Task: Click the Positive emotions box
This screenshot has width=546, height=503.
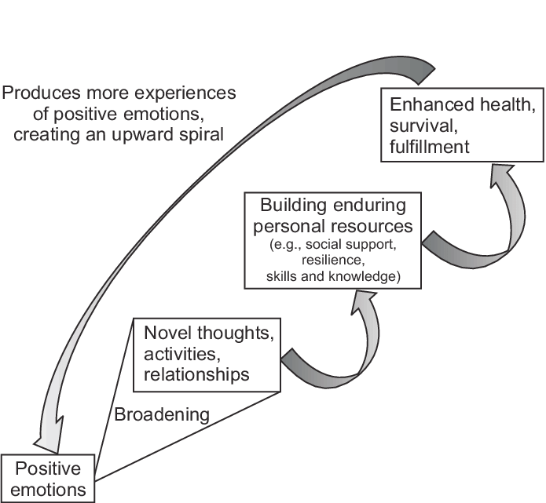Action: (49, 479)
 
